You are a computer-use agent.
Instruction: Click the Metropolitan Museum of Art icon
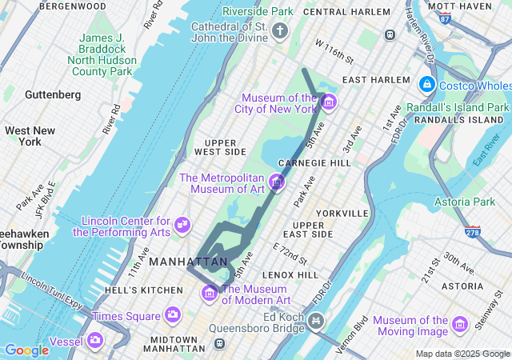point(277,182)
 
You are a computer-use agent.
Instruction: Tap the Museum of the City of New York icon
point(329,102)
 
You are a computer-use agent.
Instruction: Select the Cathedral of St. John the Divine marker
point(279,31)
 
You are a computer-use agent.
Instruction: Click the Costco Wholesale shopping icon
point(426,85)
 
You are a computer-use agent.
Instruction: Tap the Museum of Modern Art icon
point(210,293)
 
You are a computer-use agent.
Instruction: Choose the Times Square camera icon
point(172,315)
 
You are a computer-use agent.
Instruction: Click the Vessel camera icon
point(96,341)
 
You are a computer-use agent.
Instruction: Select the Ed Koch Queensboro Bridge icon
point(317,322)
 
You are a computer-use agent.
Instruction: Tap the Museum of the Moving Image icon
point(459,324)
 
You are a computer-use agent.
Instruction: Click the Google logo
point(26,350)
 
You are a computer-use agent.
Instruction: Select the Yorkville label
point(342,214)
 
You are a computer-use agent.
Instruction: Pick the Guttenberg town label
point(53,94)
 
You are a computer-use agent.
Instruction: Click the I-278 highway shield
point(473,231)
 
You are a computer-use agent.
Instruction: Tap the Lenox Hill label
point(290,274)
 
